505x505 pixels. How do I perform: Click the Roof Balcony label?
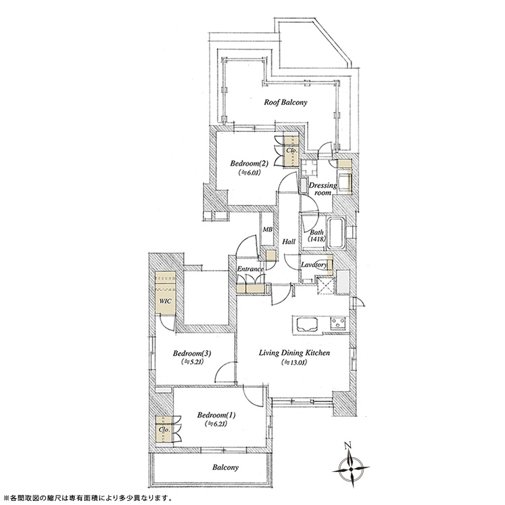[x=285, y=102]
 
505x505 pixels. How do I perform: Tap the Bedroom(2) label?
[x=249, y=164]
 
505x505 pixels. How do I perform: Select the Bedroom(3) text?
[x=192, y=353]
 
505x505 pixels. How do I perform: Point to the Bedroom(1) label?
[x=216, y=415]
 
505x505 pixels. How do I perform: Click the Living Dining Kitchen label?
[x=294, y=353]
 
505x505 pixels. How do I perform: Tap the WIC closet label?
[x=166, y=302]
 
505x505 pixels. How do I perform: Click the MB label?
[x=267, y=230]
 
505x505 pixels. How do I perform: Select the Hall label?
[x=289, y=242]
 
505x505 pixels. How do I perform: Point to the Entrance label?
[x=250, y=269]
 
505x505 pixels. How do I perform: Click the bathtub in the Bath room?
[x=336, y=234]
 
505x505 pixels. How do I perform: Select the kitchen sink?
[x=306, y=325]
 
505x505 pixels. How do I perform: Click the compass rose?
[x=351, y=469]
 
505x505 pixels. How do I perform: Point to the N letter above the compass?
[x=347, y=446]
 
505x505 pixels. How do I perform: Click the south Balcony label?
[x=226, y=467]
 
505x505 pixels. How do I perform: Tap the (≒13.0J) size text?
[x=294, y=363]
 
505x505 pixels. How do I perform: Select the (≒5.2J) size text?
[x=192, y=362]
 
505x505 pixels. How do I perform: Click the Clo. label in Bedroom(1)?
[x=164, y=430]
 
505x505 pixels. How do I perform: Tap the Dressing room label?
[x=323, y=189]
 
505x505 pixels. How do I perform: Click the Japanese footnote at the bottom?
[x=87, y=498]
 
